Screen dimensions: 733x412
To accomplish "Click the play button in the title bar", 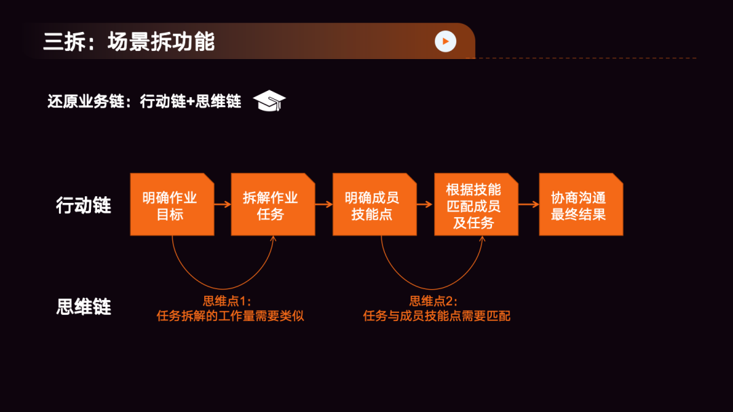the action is [x=445, y=41].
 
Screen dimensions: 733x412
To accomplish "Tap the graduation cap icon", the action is [x=269, y=101].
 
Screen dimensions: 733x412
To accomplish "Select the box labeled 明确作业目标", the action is [x=172, y=205].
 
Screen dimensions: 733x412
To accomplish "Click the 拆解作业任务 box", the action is [x=273, y=205].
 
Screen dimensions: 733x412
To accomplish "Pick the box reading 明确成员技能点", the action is [x=374, y=205].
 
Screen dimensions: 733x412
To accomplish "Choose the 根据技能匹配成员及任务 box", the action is [x=476, y=205].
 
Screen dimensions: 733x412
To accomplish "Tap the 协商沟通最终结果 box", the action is [x=580, y=205].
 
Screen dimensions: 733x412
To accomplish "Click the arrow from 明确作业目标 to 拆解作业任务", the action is [x=223, y=203].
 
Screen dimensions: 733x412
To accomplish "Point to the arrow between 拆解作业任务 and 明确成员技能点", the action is [x=324, y=203].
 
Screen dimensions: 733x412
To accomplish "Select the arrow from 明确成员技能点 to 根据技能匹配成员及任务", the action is [x=426, y=203].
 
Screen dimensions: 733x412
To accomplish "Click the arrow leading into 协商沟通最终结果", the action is [x=529, y=203].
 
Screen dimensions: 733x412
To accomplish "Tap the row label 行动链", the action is [x=83, y=205].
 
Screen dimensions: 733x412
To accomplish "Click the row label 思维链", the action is [x=83, y=307].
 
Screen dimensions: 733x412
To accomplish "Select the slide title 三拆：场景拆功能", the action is [x=129, y=42].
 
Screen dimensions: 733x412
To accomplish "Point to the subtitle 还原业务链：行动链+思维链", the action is [x=145, y=102].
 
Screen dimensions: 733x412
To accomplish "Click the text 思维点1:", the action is [x=227, y=301].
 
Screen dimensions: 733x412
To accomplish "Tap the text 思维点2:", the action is [x=434, y=301].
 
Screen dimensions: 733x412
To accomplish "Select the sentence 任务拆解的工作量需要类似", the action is [x=230, y=316].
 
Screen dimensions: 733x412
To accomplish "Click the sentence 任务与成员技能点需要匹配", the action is [x=436, y=316].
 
